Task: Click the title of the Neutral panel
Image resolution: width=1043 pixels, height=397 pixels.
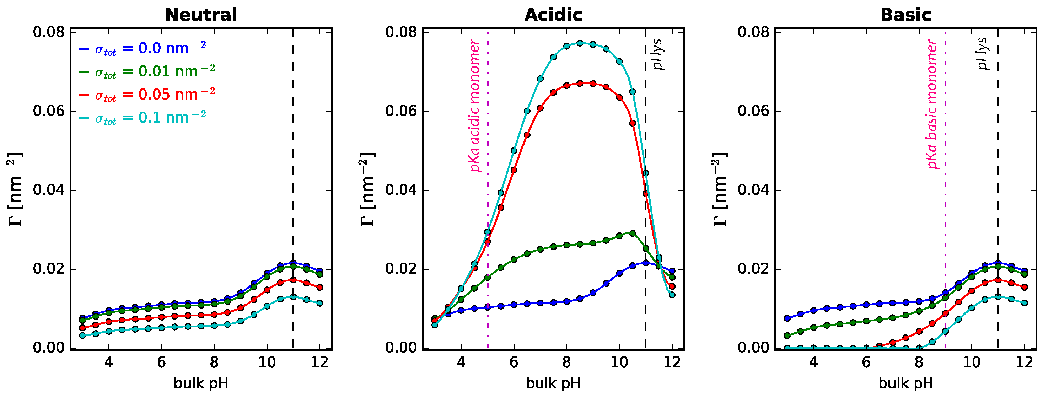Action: (x=201, y=15)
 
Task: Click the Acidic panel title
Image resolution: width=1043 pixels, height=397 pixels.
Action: (x=553, y=15)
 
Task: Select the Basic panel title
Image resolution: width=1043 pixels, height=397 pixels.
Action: (x=905, y=15)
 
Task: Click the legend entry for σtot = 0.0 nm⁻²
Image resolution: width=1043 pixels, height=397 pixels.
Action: (x=142, y=49)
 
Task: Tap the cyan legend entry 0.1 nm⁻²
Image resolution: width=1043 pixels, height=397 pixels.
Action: (x=142, y=118)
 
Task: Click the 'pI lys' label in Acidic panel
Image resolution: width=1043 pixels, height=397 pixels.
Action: (x=659, y=55)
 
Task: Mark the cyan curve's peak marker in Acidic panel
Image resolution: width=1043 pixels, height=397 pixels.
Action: (x=580, y=43)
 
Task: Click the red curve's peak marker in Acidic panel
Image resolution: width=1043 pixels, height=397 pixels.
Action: (x=580, y=83)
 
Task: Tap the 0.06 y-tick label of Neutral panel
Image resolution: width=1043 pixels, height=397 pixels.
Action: (x=49, y=111)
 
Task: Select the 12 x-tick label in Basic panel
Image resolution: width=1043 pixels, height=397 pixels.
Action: (x=1025, y=362)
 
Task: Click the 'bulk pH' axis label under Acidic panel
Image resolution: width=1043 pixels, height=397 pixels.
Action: (x=553, y=383)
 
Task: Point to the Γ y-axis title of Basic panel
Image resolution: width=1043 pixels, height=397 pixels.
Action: (x=720, y=189)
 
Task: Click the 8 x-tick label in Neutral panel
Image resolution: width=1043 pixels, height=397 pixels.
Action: (x=214, y=362)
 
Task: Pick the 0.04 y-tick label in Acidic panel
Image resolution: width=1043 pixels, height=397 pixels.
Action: (x=401, y=190)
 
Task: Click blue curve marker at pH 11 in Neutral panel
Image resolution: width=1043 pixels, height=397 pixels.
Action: (x=293, y=263)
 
